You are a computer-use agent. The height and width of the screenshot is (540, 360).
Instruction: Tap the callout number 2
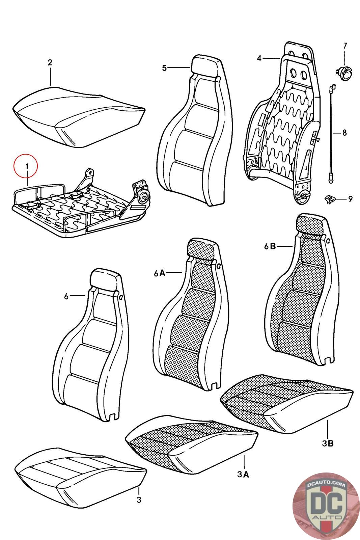click(50, 62)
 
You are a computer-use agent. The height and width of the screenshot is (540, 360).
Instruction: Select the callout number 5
click(164, 68)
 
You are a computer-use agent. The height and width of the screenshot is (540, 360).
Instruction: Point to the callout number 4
click(259, 58)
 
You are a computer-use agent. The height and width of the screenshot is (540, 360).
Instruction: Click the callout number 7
click(345, 46)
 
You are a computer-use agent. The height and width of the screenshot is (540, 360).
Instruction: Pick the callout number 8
click(344, 133)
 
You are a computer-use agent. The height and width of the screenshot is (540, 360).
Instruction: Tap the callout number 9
click(350, 199)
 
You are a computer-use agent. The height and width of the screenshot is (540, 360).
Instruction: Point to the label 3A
click(243, 475)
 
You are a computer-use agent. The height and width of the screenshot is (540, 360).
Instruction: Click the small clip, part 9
click(329, 198)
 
